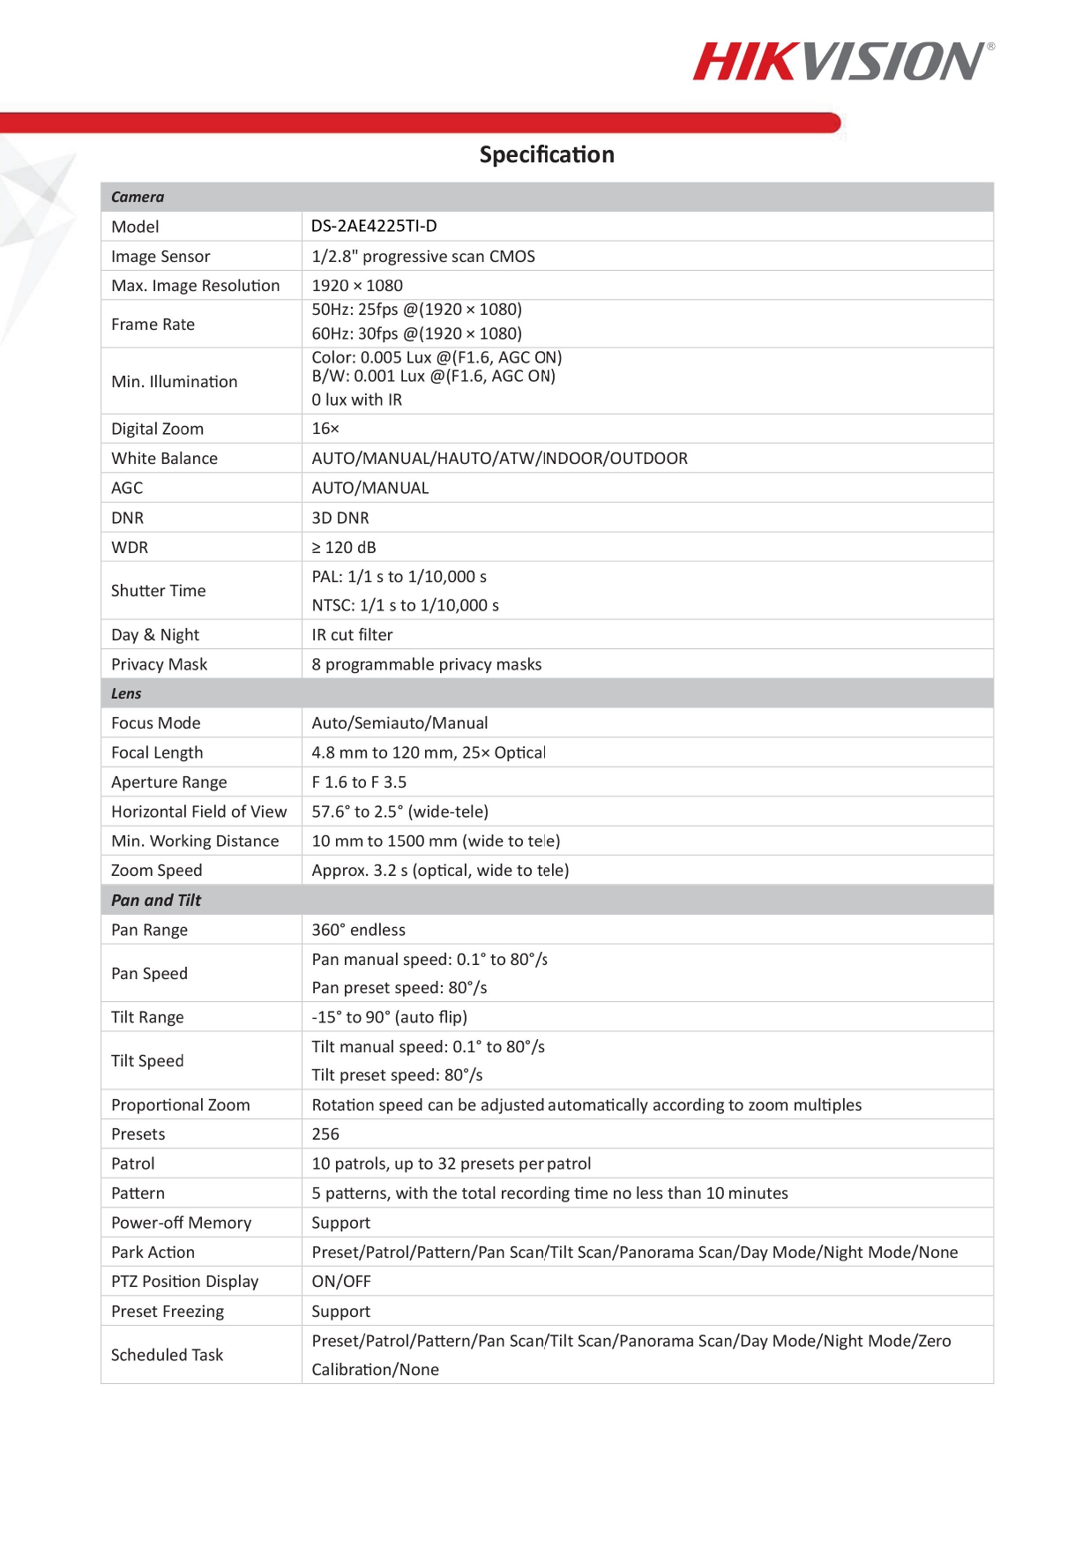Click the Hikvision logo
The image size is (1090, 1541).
pos(842,62)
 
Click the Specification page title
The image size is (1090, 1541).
pos(547,154)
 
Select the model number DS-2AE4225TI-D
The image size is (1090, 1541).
pos(374,226)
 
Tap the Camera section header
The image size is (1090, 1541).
pos(138,197)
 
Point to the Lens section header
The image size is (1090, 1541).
pos(126,693)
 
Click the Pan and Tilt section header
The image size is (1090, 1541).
pos(156,900)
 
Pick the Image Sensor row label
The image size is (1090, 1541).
pos(161,256)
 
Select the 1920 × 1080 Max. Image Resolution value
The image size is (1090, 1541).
pos(357,285)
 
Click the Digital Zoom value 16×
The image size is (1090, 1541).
pos(325,429)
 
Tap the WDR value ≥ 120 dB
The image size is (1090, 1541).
pos(344,547)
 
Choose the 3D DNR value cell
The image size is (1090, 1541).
pos(340,518)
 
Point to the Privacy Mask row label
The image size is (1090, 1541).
pos(159,664)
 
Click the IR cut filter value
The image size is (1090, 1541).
pos(352,634)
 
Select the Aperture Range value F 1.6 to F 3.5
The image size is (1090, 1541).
pos(359,782)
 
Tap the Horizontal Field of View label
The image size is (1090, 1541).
pos(198,812)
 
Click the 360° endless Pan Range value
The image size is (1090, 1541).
pos(358,930)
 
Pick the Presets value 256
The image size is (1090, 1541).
pos(325,1133)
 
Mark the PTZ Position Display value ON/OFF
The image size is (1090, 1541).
pos(341,1281)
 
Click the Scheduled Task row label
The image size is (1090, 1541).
pos(167,1355)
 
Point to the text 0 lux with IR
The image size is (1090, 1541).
pos(356,400)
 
